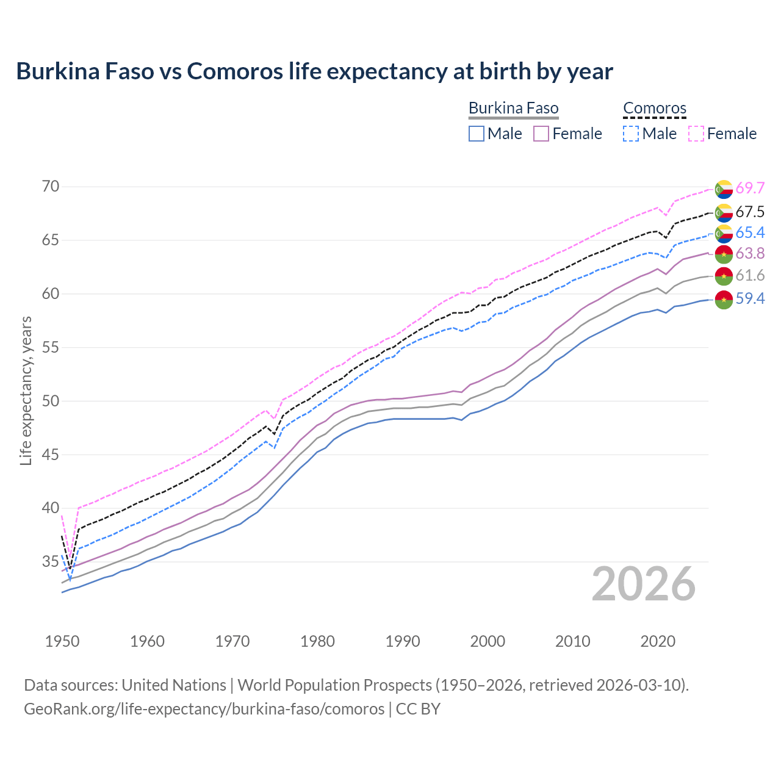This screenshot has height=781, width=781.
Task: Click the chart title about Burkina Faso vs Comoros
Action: pos(314,71)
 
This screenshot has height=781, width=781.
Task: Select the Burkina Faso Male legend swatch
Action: pos(477,134)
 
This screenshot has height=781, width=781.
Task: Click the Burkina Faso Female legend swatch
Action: pos(541,134)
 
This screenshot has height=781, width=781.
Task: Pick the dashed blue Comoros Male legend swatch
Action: pos(631,134)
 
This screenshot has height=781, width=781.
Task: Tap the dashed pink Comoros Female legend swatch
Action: pos(696,134)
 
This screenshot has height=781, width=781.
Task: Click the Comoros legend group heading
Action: pos(655,109)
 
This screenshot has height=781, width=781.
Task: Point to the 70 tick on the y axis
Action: pos(51,187)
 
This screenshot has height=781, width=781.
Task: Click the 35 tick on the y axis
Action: pos(51,561)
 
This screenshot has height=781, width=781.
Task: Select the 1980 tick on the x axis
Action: pos(317,641)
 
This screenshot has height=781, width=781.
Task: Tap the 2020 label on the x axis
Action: pos(658,641)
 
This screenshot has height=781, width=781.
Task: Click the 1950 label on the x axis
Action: pos(62,641)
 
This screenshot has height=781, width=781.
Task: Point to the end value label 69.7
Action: pos(750,189)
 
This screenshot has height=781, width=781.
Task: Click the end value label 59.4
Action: pos(750,299)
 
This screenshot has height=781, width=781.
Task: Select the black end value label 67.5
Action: pos(750,212)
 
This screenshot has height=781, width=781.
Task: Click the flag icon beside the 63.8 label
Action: pos(724,254)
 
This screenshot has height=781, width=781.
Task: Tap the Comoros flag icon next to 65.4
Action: pos(724,233)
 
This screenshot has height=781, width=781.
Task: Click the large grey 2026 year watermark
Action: pos(644,585)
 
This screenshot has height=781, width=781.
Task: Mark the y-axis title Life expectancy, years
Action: pos(26,390)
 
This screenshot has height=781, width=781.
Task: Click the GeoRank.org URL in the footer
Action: pos(204,709)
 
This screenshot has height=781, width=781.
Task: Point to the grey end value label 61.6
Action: pos(750,276)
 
